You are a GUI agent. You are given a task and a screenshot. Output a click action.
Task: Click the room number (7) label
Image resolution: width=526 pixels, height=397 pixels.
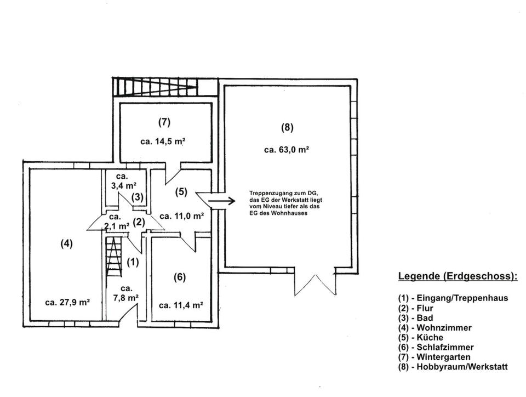coord(164,122)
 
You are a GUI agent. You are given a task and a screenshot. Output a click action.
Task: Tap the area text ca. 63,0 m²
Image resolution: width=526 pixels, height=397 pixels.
coord(287,150)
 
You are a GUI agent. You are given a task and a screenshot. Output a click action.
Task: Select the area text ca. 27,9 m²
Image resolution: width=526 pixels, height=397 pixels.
coord(67,302)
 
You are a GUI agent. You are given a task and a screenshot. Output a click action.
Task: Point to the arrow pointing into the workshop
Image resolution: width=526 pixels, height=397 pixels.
coord(221,201)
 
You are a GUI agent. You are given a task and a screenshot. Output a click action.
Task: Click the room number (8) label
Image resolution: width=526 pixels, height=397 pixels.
coord(287,128)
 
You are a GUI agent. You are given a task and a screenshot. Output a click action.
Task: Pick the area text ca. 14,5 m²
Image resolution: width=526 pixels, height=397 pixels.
coord(163,141)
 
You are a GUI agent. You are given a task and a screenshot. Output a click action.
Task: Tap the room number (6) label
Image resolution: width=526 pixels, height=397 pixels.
coord(180,277)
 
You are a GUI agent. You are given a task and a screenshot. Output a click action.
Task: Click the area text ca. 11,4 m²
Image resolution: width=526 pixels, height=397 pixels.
coord(181,305)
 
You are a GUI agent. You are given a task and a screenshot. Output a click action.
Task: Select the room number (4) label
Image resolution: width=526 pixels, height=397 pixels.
coord(66,243)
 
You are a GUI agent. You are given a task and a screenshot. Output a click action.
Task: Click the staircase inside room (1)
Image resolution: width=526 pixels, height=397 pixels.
coord(114,257)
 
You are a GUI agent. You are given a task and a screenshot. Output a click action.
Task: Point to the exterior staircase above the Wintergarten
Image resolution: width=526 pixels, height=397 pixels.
coord(155,87)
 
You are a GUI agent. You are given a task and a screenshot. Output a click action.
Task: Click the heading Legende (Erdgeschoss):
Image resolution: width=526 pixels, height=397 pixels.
coord(458,276)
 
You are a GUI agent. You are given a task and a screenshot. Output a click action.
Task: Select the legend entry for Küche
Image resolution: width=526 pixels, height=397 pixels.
coord(421,338)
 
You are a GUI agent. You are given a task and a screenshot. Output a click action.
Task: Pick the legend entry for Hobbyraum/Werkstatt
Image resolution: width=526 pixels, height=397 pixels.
coord(453,367)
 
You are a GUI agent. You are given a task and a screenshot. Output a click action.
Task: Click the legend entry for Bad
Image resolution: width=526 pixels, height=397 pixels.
coord(416,318)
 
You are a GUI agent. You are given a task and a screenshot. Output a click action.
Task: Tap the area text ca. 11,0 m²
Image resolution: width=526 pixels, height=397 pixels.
coord(182,216)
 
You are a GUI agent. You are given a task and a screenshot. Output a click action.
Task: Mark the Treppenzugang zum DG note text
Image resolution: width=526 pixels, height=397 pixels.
coord(285,203)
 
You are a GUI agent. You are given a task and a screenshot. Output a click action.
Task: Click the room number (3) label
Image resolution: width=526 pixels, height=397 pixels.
coord(137,197)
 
